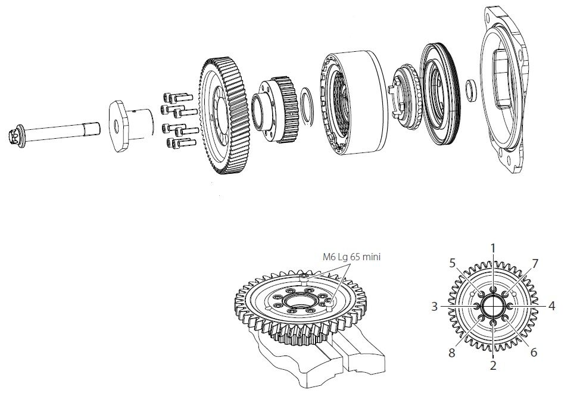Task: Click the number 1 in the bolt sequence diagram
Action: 493,248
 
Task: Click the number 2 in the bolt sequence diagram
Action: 493,365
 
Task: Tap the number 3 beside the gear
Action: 435,306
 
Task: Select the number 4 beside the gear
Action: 551,306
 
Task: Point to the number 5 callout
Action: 453,263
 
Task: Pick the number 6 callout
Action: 533,352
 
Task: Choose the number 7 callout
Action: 535,264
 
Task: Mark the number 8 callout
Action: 451,353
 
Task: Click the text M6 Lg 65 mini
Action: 351,257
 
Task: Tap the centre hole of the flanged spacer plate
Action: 117,126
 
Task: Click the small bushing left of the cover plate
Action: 470,89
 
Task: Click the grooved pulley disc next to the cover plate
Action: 440,95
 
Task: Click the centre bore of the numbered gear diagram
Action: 493,306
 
